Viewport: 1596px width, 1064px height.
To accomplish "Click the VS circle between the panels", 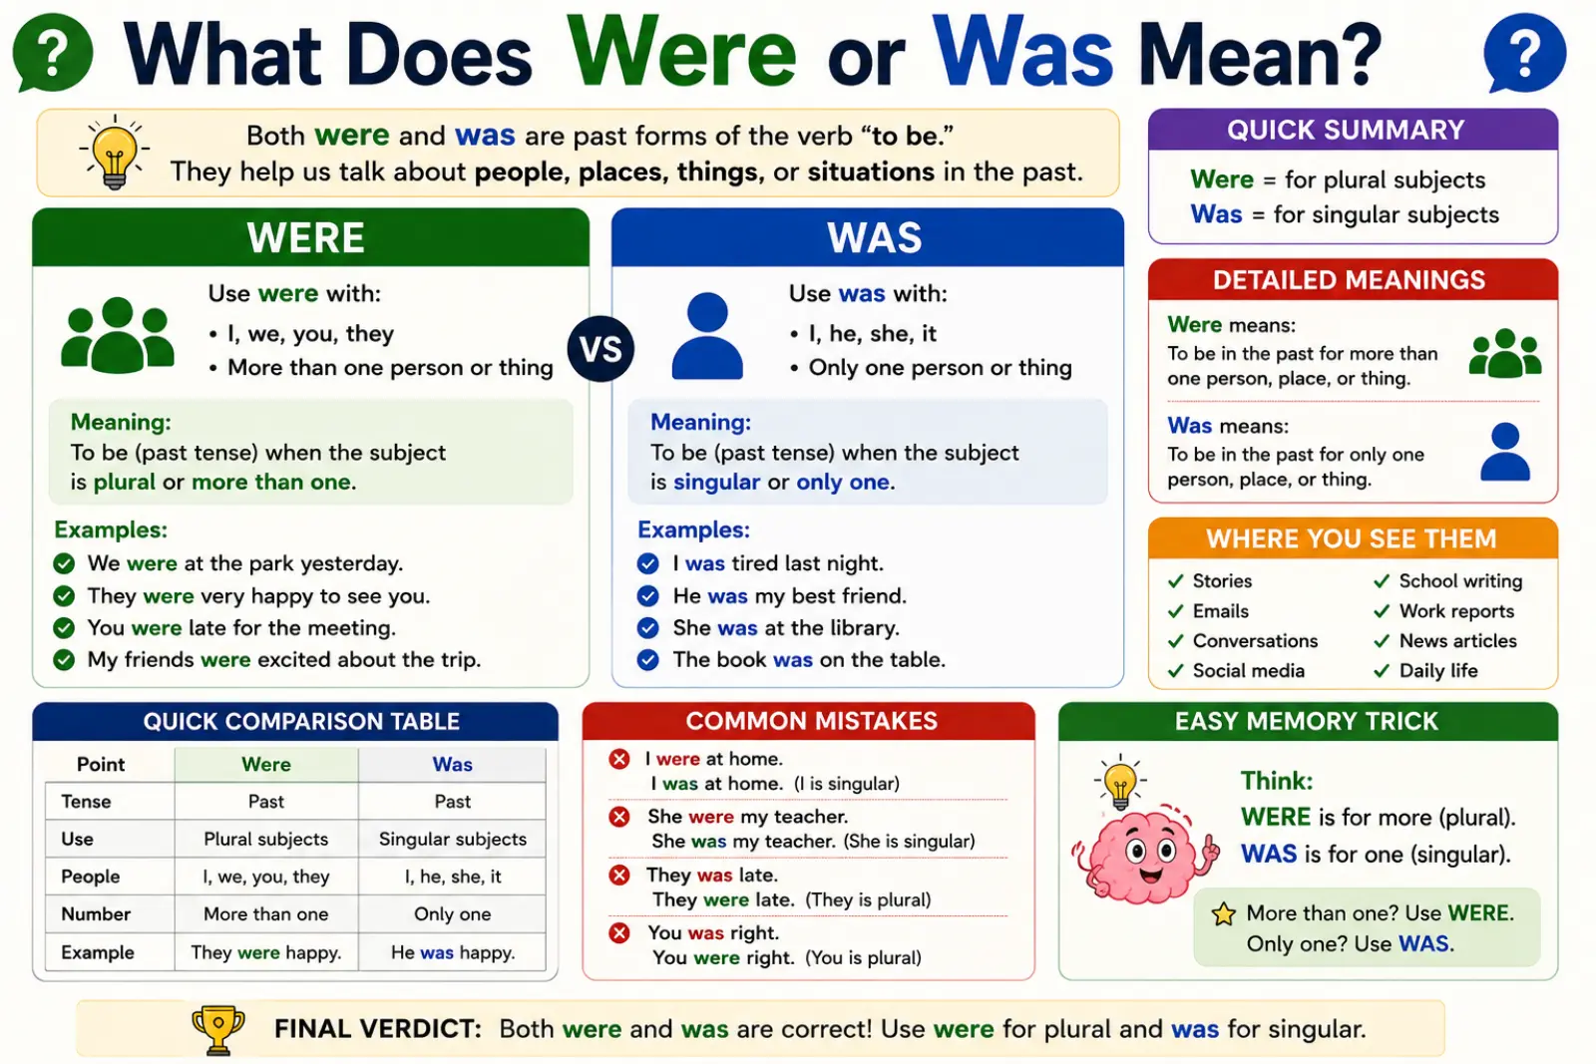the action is (x=600, y=348).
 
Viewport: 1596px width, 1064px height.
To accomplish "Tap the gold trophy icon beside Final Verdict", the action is (x=218, y=1029).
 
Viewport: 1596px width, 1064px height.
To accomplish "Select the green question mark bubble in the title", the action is (x=52, y=53).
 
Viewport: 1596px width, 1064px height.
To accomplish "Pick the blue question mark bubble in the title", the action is (x=1525, y=53).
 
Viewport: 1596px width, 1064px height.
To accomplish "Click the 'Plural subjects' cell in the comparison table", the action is (x=265, y=839).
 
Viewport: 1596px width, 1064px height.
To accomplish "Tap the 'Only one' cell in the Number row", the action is (x=453, y=913).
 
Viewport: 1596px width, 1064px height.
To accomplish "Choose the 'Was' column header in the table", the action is (x=453, y=764).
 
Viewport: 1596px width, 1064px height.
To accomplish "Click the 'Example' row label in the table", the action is (x=98, y=952).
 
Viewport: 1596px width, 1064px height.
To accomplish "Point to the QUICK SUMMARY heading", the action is (x=1346, y=130).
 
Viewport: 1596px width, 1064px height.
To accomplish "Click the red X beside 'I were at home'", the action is (x=619, y=759).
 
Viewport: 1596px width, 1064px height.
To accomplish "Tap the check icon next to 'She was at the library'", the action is (x=647, y=627).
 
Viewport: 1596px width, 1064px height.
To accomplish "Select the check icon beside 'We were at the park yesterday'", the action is (x=64, y=563).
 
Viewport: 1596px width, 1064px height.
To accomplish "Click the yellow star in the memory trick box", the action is (x=1223, y=913).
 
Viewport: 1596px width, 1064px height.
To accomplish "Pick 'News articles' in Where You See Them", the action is (x=1457, y=641).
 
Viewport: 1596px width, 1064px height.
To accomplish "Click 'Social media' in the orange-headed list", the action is (x=1248, y=671).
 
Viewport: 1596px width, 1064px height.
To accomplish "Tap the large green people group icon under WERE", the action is (x=118, y=335).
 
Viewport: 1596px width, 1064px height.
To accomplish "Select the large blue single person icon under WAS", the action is (x=707, y=335).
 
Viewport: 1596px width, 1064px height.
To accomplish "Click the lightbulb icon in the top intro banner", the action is (x=114, y=152).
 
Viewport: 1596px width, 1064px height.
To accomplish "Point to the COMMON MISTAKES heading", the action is (x=812, y=721).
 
